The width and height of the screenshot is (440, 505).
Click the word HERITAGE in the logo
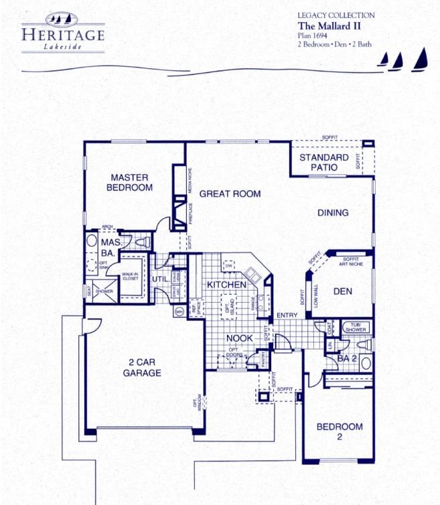pos(63,33)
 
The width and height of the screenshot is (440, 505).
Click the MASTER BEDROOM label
pos(130,182)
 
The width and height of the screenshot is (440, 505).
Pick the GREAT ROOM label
pos(230,194)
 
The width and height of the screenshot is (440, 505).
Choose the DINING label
pos(333,213)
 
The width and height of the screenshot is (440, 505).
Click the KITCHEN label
pos(226,285)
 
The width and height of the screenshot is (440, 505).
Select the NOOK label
pos(238,338)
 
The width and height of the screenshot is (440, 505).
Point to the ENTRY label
pos(288,315)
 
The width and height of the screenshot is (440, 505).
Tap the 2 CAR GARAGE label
pos(142,368)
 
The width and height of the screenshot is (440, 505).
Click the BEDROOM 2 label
pos(340,431)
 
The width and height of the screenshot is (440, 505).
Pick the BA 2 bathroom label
pos(346,358)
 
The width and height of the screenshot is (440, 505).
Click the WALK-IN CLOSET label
pos(130,277)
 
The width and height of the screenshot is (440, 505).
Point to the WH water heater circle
pos(179,311)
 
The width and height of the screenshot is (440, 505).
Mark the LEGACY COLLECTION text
pos(336,15)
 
